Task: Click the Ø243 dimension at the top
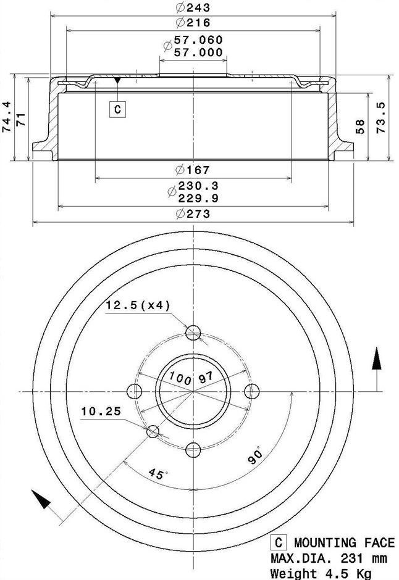193,8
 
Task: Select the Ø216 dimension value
193,23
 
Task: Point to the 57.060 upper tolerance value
198,40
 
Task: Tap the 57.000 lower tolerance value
198,52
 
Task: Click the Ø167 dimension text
193,170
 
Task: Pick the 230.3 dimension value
198,185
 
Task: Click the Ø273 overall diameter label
193,214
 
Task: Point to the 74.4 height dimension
7,117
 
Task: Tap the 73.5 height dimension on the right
381,117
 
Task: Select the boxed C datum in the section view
118,110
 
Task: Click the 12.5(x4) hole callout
138,305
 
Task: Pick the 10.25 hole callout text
100,410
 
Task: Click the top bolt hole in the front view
194,333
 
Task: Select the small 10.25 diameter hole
153,431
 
